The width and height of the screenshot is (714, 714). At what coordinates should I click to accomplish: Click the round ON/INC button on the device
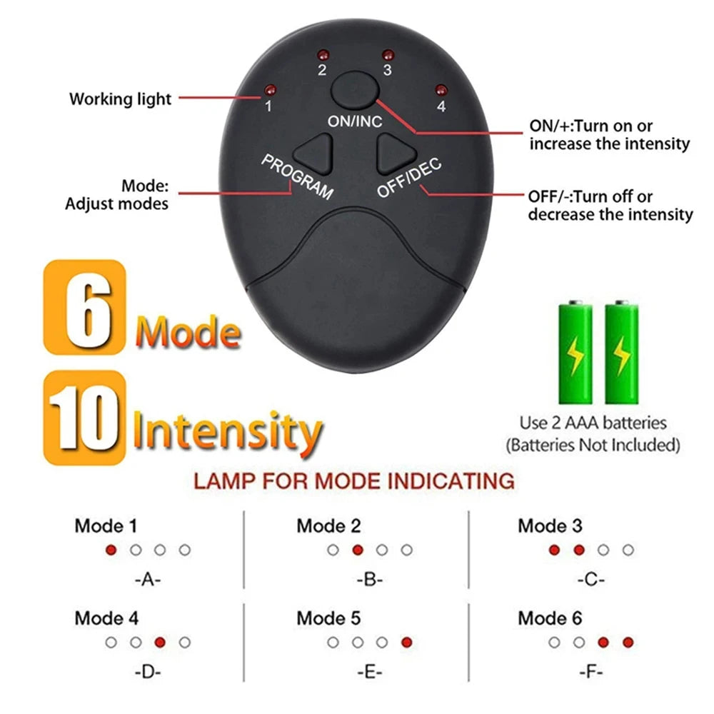click(x=355, y=91)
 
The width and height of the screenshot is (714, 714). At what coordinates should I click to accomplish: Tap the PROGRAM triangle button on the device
click(x=315, y=151)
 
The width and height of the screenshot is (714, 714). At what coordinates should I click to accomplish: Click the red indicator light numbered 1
click(x=270, y=90)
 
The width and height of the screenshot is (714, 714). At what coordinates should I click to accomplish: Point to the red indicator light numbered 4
click(x=441, y=90)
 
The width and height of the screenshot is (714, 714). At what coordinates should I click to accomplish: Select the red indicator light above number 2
click(x=322, y=55)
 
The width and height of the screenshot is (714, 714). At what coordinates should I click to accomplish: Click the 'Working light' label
click(x=120, y=99)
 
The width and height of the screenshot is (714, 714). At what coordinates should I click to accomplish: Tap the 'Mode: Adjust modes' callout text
click(x=117, y=195)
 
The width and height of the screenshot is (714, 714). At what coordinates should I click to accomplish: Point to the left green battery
click(x=575, y=353)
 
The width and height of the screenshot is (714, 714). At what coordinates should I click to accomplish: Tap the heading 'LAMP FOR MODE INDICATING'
click(x=354, y=481)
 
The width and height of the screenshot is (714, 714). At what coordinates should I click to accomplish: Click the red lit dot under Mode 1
click(x=111, y=550)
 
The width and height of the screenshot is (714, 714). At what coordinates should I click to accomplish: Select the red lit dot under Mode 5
click(x=406, y=642)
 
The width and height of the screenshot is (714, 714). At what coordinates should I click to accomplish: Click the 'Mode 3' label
click(x=550, y=526)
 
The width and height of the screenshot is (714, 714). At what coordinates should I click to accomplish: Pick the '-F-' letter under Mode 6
click(x=590, y=672)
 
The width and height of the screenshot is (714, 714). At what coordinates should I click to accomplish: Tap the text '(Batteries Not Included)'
click(x=592, y=446)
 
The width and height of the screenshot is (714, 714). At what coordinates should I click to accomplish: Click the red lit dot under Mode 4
click(x=160, y=642)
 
